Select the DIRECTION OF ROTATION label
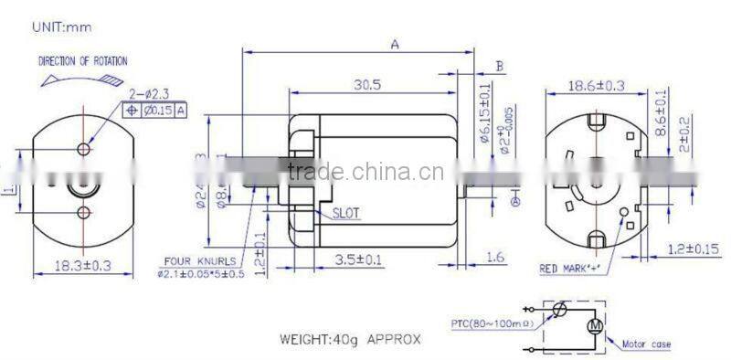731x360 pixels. pos(82,61)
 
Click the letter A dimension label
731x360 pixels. pos(394,44)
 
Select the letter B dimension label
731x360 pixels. pos(499,66)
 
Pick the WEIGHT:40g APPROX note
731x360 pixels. pos(350,338)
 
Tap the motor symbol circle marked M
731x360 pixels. pos(595,325)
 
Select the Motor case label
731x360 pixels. pos(646,344)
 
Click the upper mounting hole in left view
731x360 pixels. pos(84,148)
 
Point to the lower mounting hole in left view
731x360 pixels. pos(84,213)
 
